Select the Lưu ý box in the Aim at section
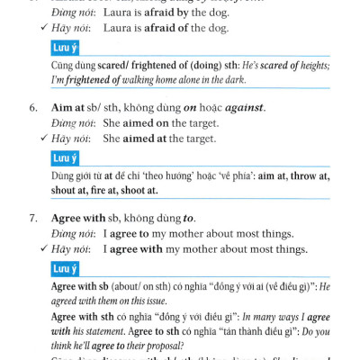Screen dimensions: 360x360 point(65,158)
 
